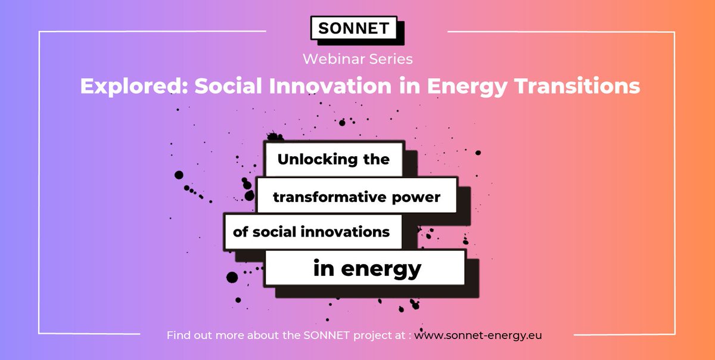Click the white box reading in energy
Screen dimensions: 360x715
point(365,268)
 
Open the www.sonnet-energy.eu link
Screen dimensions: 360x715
point(478,335)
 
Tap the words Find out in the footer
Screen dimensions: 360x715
point(189,335)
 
